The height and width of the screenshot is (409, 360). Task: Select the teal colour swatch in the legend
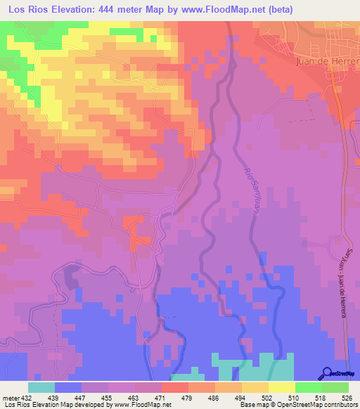(x=41, y=387)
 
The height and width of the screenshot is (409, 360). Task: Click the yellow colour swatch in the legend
(x=281, y=387)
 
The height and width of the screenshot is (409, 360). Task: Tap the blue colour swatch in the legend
(x=67, y=387)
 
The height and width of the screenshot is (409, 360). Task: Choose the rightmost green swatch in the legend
(x=335, y=387)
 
